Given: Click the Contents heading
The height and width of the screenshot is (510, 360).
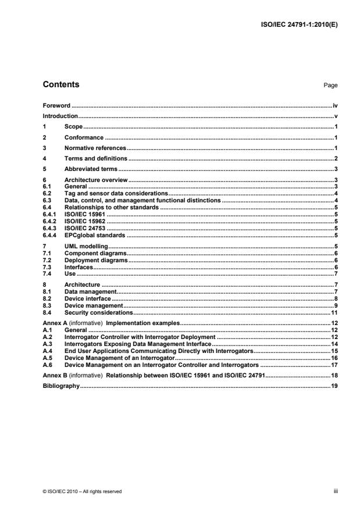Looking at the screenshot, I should click(61, 85).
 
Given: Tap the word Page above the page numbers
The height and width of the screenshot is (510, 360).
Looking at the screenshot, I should click(330, 85).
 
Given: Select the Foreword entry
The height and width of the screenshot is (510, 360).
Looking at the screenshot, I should click(56, 106).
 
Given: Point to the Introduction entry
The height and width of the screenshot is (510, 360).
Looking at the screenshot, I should click(60, 116).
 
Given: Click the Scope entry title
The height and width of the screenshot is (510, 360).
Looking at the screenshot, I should click(73, 127).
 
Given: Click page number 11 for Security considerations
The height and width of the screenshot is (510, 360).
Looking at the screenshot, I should click(334, 312).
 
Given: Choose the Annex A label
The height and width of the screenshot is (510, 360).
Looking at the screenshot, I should click(55, 322).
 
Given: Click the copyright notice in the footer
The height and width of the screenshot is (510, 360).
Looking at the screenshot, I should click(83, 491).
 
